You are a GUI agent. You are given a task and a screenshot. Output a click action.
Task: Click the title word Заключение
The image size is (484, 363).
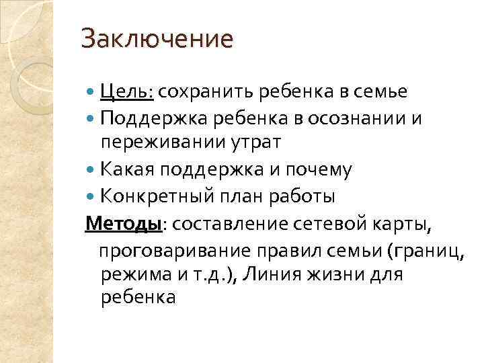pos(157,38)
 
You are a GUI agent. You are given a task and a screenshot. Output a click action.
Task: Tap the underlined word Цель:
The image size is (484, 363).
pos(127,91)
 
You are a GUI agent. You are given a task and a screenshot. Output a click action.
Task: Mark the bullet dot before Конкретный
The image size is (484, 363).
pos(91,198)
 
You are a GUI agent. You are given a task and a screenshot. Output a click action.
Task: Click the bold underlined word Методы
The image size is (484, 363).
pos(123,223)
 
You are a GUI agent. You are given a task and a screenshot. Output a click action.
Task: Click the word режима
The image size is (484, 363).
pos(135,275)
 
